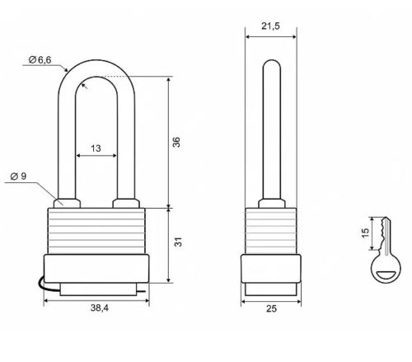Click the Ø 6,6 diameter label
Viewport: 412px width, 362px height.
coord(40,59)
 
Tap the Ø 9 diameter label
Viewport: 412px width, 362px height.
coord(18,176)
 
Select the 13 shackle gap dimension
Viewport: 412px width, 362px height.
coord(96,148)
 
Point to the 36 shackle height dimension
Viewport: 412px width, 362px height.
coord(176,142)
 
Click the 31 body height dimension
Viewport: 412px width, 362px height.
coord(178,242)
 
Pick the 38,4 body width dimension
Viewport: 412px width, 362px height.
coord(100,308)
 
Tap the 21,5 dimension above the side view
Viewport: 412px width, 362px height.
coord(270,26)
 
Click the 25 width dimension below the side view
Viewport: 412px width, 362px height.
coord(271,308)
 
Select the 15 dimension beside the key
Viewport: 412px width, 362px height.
coord(365,233)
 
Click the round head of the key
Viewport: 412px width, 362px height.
coord(386,267)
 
